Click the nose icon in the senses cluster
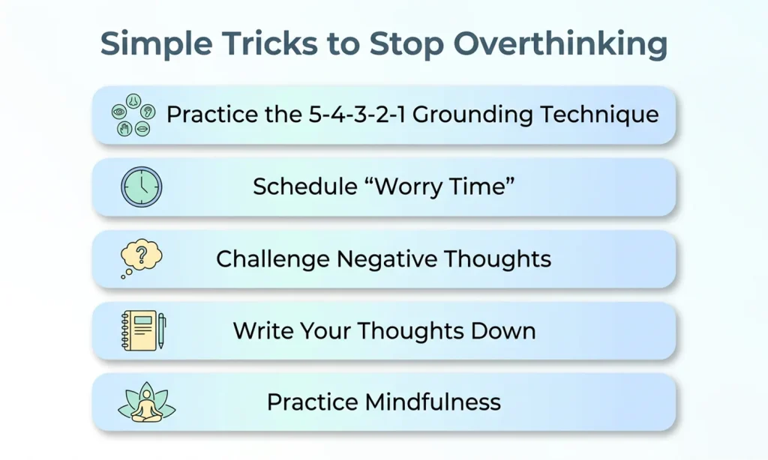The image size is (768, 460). tap(133, 100)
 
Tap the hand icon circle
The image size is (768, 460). tap(125, 129)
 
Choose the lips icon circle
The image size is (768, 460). tap(142, 129)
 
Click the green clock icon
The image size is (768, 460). tap(141, 187)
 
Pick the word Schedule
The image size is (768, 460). tap(295, 187)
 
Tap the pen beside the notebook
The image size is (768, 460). tap(161, 331)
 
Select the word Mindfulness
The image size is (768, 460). tap(432, 402)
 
